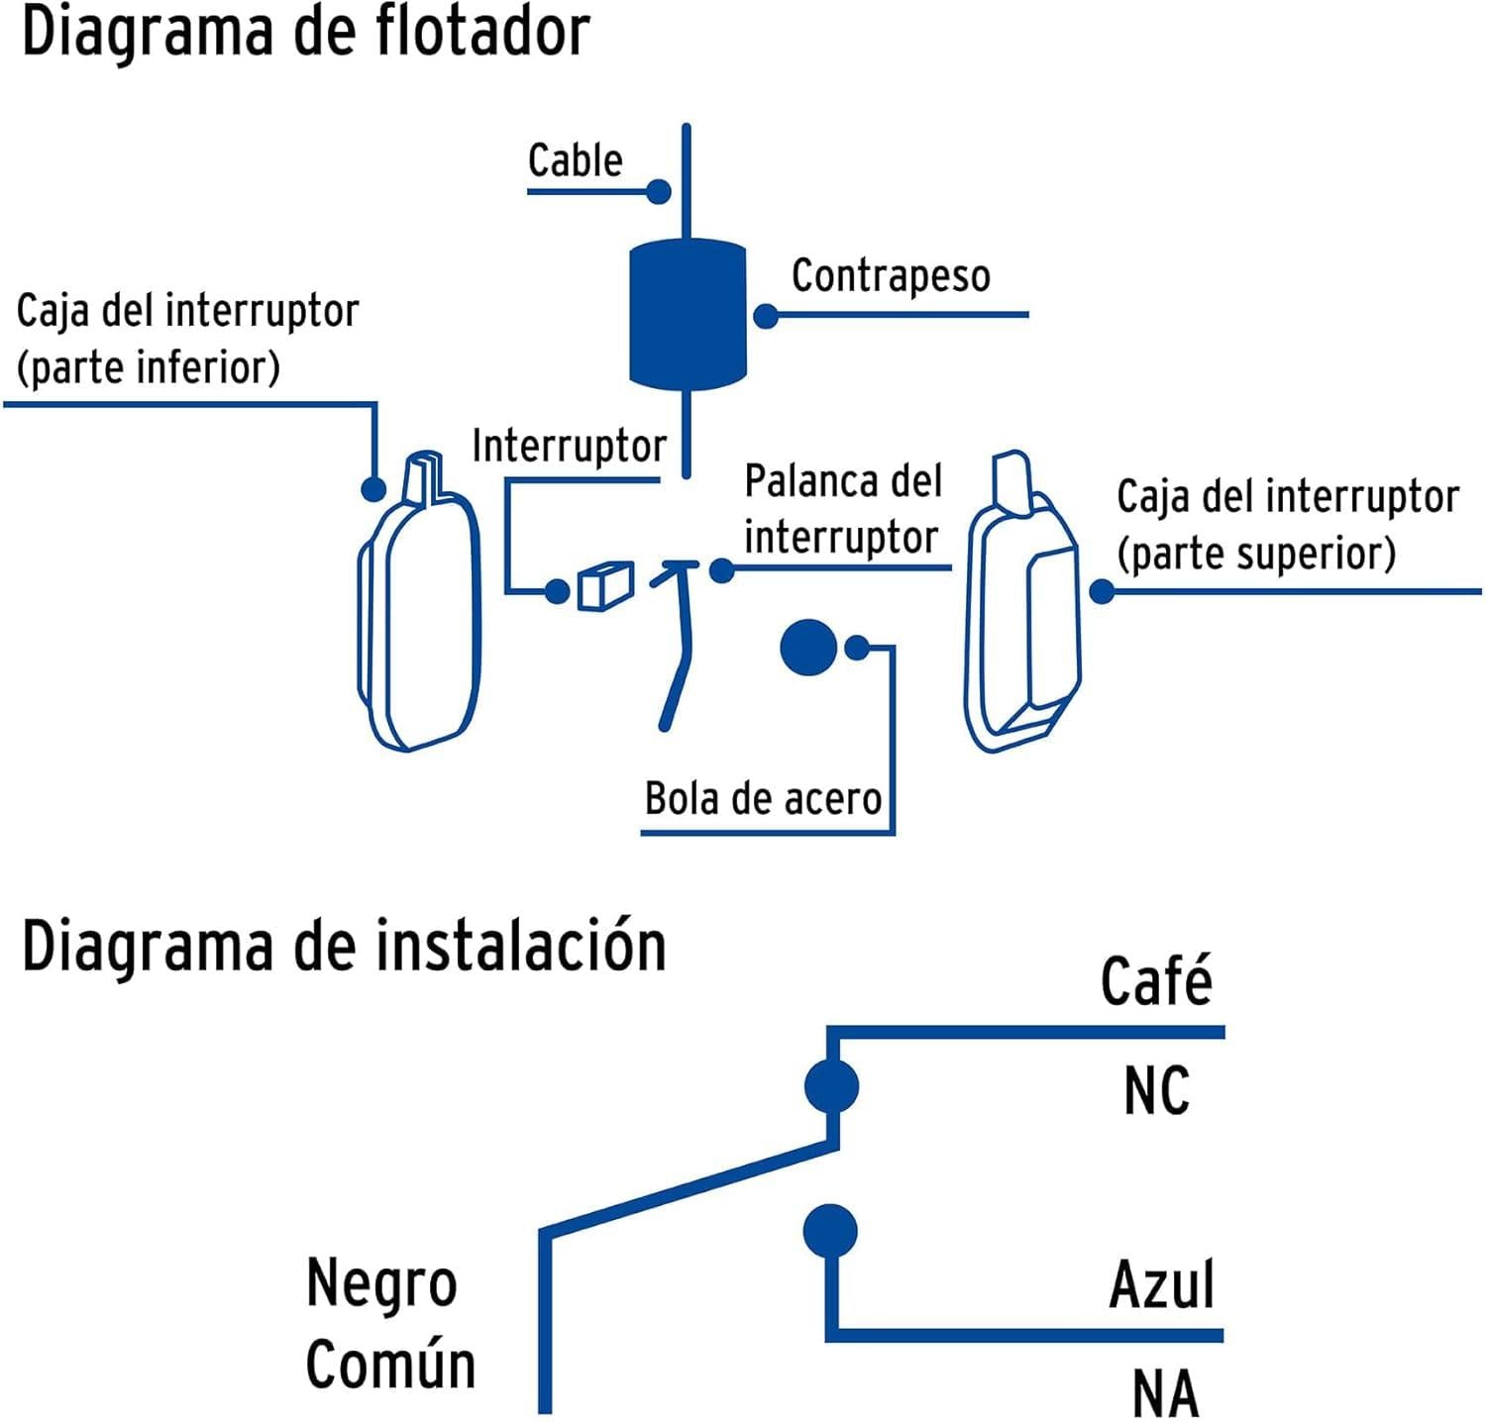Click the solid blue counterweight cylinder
point(688,314)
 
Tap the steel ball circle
point(808,648)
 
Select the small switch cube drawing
point(605,586)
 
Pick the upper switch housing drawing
point(1021,607)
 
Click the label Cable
point(575,160)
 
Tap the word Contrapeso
point(891,276)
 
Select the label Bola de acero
point(763,798)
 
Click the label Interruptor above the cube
point(569,447)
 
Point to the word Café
point(1156,981)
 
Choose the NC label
point(1156,1091)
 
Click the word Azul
point(1162,1284)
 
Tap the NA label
point(1165,1393)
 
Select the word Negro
point(381,1284)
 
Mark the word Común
point(390,1365)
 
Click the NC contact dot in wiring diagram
point(831,1086)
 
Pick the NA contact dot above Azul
point(830,1231)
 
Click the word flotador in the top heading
point(482,32)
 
